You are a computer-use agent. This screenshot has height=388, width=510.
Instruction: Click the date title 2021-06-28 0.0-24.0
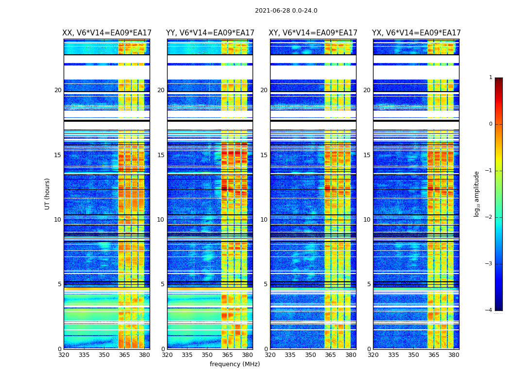[x=286, y=11]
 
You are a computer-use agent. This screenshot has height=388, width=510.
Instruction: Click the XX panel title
[x=107, y=33]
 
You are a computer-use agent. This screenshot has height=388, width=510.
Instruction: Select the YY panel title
[x=210, y=33]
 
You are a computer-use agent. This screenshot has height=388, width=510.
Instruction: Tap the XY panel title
[x=313, y=33]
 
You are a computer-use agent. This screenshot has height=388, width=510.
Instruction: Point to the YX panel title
[x=416, y=33]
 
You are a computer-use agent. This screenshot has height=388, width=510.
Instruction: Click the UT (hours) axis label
[x=47, y=194]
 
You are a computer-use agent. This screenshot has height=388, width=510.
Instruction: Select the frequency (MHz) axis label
[x=235, y=364]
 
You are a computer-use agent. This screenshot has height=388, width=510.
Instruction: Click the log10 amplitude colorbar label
[x=477, y=194]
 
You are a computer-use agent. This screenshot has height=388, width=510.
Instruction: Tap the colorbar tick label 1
[x=490, y=78]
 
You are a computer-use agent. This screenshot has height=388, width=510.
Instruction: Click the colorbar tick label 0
[x=490, y=124]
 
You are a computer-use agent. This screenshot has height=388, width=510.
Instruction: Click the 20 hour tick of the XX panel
[x=58, y=90]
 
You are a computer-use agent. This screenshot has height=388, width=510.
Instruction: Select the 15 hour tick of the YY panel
[x=161, y=155]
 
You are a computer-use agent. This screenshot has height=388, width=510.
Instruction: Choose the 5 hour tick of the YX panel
[x=369, y=284]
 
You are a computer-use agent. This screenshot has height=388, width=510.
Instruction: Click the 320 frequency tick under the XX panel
[x=64, y=355]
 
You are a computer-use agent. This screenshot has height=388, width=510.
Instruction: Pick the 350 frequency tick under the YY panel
[x=207, y=355]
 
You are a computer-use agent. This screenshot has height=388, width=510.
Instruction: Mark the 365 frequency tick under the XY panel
[x=330, y=355]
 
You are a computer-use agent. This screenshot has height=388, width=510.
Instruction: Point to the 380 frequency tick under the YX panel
[x=454, y=355]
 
